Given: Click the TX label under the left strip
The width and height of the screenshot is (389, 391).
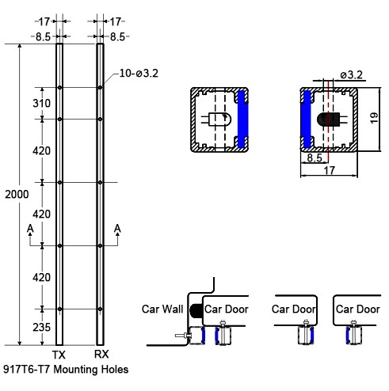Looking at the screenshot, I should coord(59,355).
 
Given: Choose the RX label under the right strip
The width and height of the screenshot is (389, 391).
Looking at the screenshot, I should coord(101,355).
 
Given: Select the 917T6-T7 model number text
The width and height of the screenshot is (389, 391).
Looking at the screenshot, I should coord(26,370).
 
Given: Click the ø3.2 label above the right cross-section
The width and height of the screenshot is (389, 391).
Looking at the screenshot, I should coord(351,74).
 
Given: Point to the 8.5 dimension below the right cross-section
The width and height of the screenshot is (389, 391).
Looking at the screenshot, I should coord(315,158).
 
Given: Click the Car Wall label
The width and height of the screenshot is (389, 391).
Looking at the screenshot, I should coord(162,309).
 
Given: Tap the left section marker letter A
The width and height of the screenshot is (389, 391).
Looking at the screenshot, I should coord(30,229).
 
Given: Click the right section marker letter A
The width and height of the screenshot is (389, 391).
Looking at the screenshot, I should coord(117,229).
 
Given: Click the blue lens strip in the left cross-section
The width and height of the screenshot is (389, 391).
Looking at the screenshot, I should coord(242,120).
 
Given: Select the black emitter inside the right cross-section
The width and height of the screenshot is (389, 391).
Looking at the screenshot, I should coord(327,120).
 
